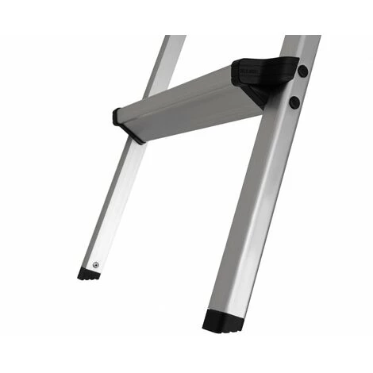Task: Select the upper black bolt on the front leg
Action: click(x=302, y=71)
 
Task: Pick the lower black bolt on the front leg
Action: click(x=294, y=102)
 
